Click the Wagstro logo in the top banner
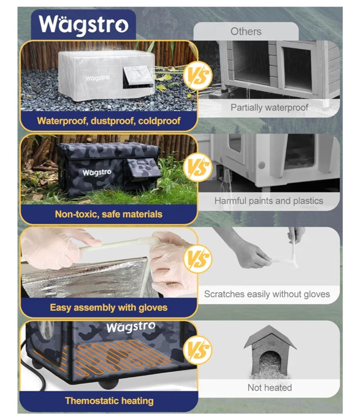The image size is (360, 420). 83,24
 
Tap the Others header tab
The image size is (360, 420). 246,31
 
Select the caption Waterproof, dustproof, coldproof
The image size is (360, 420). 108,120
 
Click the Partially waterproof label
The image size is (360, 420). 269,107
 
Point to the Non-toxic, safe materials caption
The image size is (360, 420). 108,214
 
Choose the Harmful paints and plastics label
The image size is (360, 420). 269,201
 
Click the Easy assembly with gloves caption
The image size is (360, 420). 108,308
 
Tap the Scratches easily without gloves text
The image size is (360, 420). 267,294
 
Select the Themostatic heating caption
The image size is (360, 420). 109,401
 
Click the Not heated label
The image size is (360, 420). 269,387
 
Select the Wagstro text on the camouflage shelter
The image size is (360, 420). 97,172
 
